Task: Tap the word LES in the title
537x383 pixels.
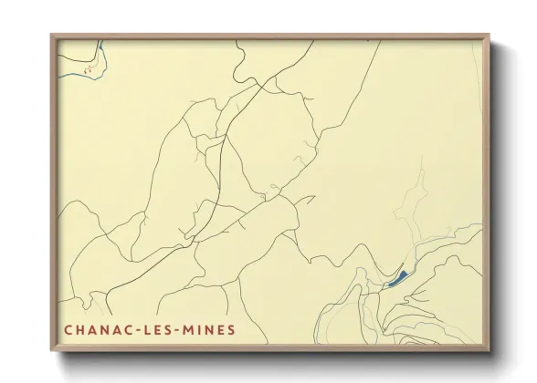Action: pyautogui.click(x=161, y=329)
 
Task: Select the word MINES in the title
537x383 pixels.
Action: pyautogui.click(x=210, y=329)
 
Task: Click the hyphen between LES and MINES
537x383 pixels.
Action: pyautogui.click(x=182, y=330)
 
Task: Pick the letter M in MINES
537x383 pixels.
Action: pyautogui.click(x=191, y=329)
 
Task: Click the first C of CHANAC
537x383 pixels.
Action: pyautogui.click(x=68, y=329)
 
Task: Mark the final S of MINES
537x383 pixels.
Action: pyautogui.click(x=231, y=329)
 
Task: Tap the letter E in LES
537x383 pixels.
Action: pyautogui.click(x=160, y=329)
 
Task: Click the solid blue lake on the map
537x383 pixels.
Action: pyautogui.click(x=397, y=277)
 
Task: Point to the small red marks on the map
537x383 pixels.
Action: pyautogui.click(x=88, y=68)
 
